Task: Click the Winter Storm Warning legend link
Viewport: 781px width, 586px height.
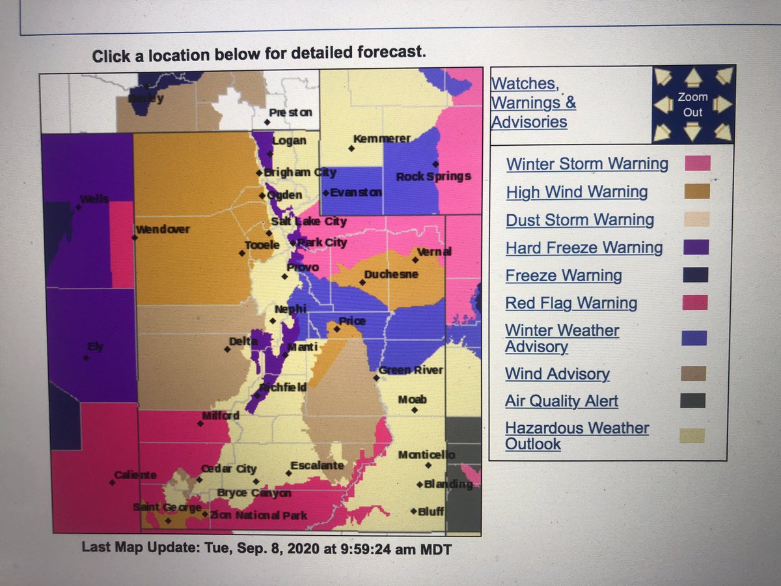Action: click(587, 163)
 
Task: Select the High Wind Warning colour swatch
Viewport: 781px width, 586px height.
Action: click(697, 191)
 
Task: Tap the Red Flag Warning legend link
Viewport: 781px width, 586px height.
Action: click(571, 303)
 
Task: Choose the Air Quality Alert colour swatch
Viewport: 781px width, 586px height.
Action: click(692, 400)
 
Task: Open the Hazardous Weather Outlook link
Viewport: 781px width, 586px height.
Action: click(577, 436)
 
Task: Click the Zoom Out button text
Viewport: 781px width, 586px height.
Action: click(692, 104)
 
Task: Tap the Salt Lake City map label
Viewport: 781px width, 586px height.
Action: click(308, 221)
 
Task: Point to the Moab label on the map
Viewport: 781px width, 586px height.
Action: click(412, 399)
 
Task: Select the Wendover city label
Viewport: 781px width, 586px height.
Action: click(163, 229)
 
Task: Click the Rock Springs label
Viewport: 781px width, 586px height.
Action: click(433, 176)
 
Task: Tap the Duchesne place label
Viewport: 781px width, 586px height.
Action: click(390, 274)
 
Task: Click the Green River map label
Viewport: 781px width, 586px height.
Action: click(411, 370)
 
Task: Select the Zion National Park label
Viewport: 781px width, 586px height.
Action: click(258, 516)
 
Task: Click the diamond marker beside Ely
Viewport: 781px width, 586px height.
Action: click(85, 357)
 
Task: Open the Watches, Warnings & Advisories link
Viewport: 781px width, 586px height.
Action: click(533, 102)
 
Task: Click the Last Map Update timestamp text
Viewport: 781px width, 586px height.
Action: click(267, 548)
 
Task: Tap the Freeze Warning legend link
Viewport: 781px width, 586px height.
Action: click(564, 275)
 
